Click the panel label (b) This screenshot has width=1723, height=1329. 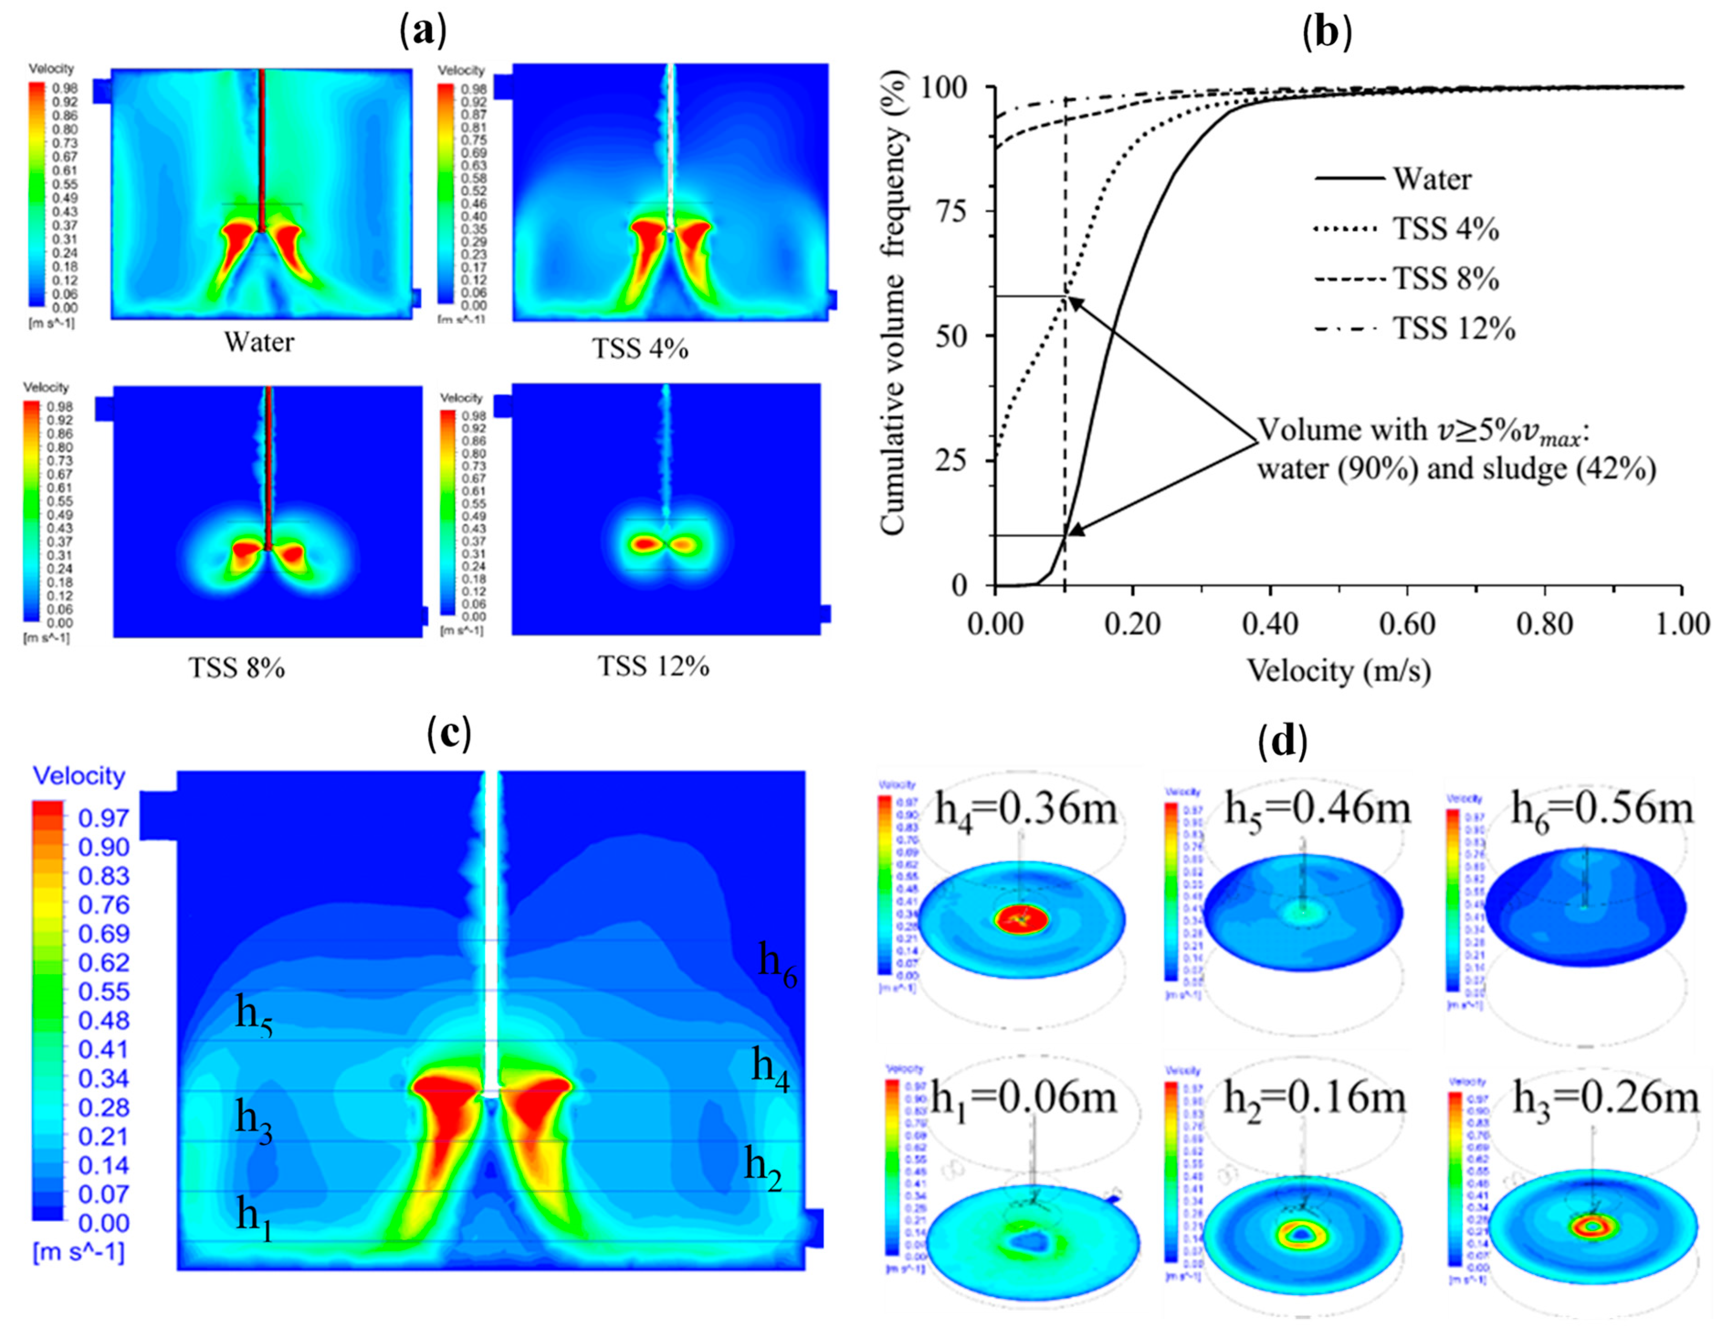(1328, 33)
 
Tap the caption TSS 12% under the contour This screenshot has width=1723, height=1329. (653, 667)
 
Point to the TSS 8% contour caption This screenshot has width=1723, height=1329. (237, 668)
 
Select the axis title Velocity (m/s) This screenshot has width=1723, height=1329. (1338, 671)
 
